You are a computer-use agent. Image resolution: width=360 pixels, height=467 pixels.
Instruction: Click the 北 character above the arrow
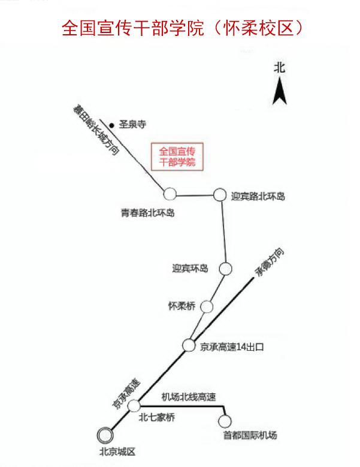click(279, 67)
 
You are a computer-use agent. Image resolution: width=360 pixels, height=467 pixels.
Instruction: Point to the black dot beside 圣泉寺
click(112, 125)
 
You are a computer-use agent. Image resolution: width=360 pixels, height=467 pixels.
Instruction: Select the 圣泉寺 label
click(132, 125)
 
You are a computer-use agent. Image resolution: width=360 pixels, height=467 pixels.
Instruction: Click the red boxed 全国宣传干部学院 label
click(178, 156)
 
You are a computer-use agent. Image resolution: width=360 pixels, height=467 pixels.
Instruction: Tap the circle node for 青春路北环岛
click(171, 194)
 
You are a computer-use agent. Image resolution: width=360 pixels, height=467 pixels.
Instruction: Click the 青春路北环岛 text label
click(147, 212)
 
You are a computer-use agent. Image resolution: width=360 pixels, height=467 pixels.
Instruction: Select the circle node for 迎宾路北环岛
click(220, 194)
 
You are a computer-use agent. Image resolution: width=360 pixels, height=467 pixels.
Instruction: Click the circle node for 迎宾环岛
click(225, 268)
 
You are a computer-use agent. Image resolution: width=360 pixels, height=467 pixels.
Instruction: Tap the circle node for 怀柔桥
click(207, 306)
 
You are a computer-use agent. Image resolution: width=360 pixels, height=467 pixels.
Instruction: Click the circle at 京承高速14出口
click(188, 345)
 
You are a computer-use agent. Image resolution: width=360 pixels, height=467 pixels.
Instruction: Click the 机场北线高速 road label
click(189, 396)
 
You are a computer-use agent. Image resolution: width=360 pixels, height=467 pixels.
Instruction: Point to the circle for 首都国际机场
click(226, 421)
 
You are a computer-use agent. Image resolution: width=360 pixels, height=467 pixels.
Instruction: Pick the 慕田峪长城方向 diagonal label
click(95, 130)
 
